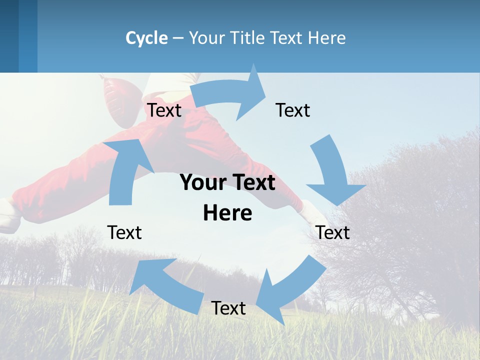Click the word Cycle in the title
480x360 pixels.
point(146,38)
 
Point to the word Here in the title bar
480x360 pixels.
point(327,38)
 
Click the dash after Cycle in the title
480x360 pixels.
point(178,38)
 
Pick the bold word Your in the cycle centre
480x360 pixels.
point(202,183)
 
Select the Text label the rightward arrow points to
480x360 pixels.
point(293,110)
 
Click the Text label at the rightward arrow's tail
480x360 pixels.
point(164,110)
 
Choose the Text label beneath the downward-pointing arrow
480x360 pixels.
point(332,232)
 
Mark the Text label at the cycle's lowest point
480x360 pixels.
point(228,308)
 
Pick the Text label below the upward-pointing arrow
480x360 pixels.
point(124,232)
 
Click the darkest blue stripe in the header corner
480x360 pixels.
point(9,36)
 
